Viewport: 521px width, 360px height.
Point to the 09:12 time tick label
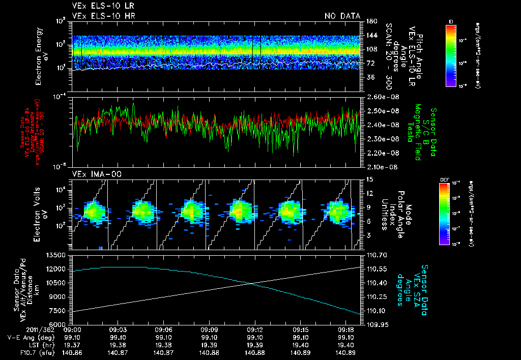(254, 329)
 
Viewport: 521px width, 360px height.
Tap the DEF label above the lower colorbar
(451, 179)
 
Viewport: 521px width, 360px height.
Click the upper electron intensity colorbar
(451, 55)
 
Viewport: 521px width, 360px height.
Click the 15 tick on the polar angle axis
(369, 179)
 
